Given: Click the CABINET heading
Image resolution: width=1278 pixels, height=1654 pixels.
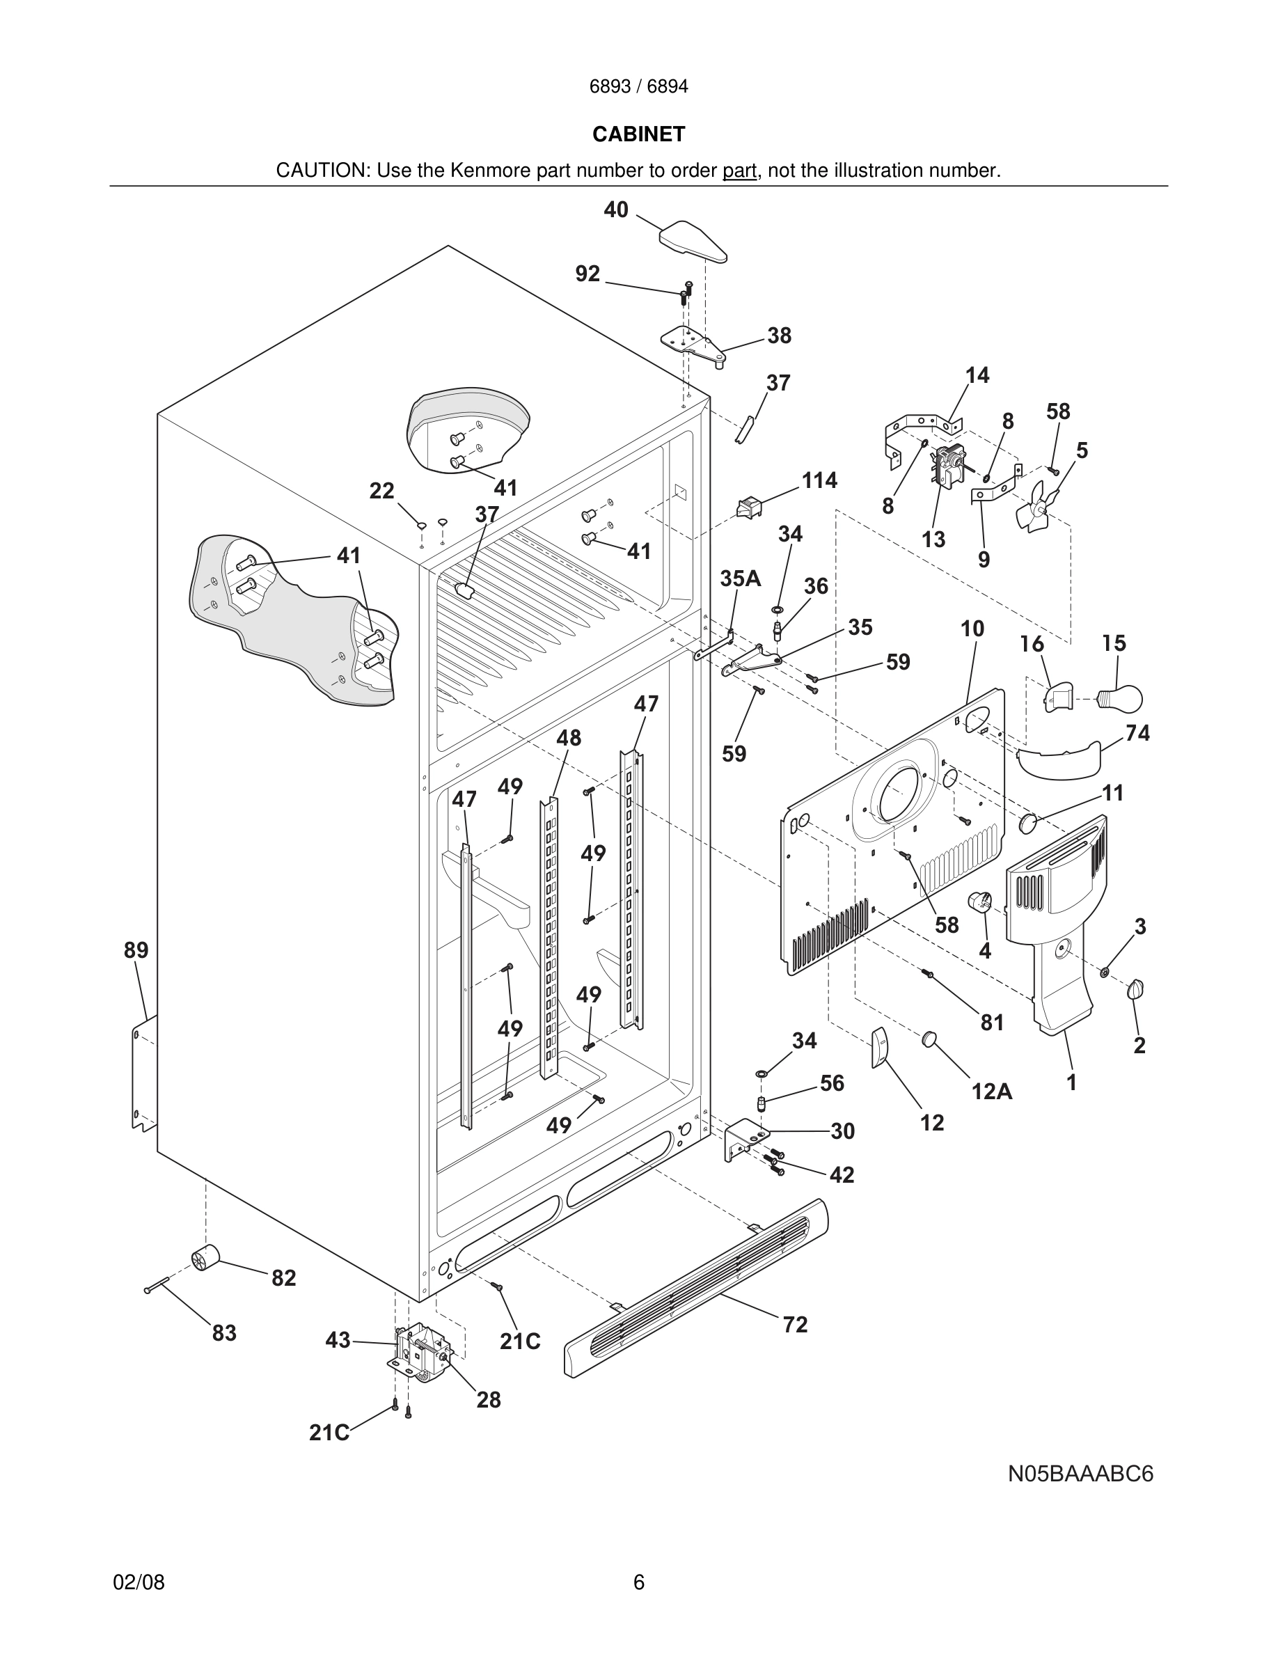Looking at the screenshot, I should click(x=638, y=134).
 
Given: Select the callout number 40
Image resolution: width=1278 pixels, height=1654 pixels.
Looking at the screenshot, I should click(x=615, y=210).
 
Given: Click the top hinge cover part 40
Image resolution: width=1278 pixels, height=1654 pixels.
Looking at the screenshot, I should click(x=693, y=240).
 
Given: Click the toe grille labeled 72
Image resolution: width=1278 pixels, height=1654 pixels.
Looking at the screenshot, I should click(x=697, y=1286).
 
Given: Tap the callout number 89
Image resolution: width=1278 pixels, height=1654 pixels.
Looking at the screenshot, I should click(x=136, y=950).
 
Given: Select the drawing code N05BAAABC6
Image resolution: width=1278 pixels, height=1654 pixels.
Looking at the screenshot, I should click(x=1080, y=1474).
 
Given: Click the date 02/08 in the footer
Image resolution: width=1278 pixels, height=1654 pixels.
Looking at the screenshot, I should click(x=139, y=1582).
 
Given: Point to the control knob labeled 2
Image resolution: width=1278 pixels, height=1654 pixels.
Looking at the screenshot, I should click(x=1136, y=989).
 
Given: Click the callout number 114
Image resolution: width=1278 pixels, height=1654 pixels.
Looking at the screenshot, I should click(x=819, y=480).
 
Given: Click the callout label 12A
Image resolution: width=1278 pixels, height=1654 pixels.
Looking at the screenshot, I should click(x=992, y=1092).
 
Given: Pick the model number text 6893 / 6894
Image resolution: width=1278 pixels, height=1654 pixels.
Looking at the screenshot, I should click(x=638, y=86).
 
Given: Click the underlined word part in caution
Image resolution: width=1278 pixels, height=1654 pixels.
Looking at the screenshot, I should click(x=739, y=171).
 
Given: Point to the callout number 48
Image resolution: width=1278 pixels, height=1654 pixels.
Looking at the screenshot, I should click(x=569, y=738).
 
